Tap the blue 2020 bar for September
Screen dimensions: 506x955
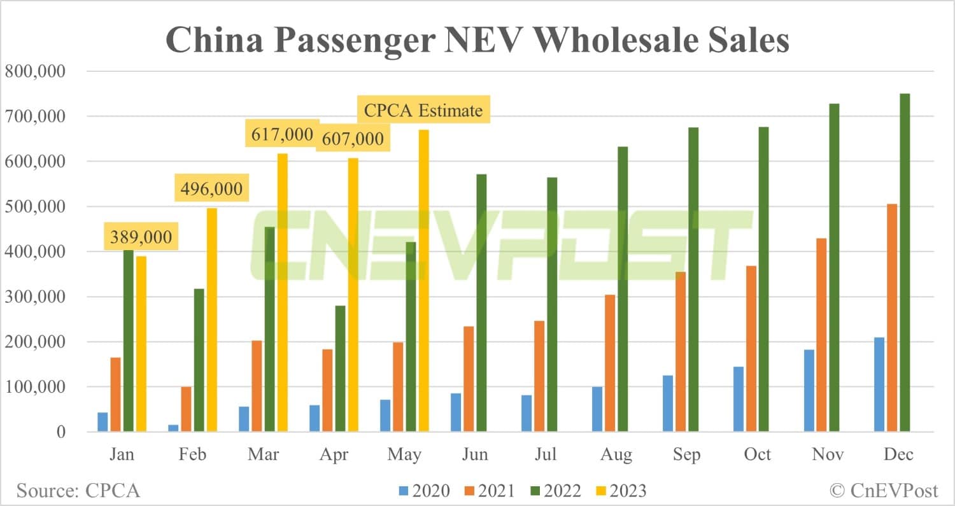click(667, 404)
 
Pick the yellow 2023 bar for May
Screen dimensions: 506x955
click(423, 281)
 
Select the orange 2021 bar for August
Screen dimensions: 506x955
click(609, 363)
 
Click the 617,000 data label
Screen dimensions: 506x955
click(282, 135)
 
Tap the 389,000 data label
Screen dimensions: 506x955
click(141, 237)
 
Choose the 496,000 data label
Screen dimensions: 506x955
click(211, 189)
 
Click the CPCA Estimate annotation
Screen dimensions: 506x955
click(423, 111)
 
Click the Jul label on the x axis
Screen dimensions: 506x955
click(546, 454)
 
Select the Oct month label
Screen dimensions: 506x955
click(758, 454)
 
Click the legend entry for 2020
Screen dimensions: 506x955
click(424, 491)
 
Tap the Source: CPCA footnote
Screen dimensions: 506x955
click(78, 491)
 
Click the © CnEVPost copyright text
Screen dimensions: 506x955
click(884, 491)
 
